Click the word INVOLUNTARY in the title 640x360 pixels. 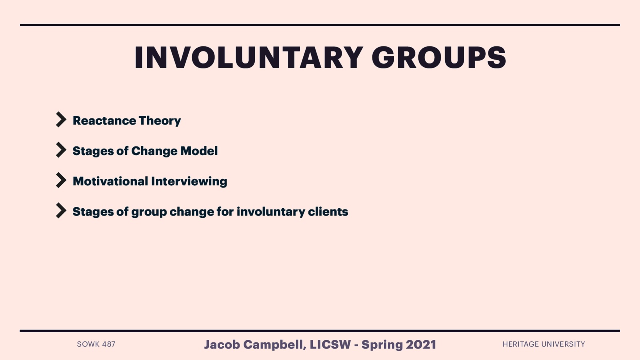248,58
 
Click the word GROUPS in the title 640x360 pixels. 439,58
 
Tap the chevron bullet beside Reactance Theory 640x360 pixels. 61,120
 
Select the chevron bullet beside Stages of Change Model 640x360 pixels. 61,150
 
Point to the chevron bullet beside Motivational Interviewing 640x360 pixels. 61,180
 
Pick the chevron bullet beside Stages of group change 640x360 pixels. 61,211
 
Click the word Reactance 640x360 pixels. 104,120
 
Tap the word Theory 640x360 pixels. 160,121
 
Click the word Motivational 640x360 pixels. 110,181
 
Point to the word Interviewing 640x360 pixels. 189,182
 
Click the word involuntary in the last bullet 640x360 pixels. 271,212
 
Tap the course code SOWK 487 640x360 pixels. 96,344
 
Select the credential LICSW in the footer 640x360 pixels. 330,344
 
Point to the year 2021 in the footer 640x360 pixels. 421,344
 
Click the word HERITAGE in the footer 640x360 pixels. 520,344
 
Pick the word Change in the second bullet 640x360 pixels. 154,151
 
